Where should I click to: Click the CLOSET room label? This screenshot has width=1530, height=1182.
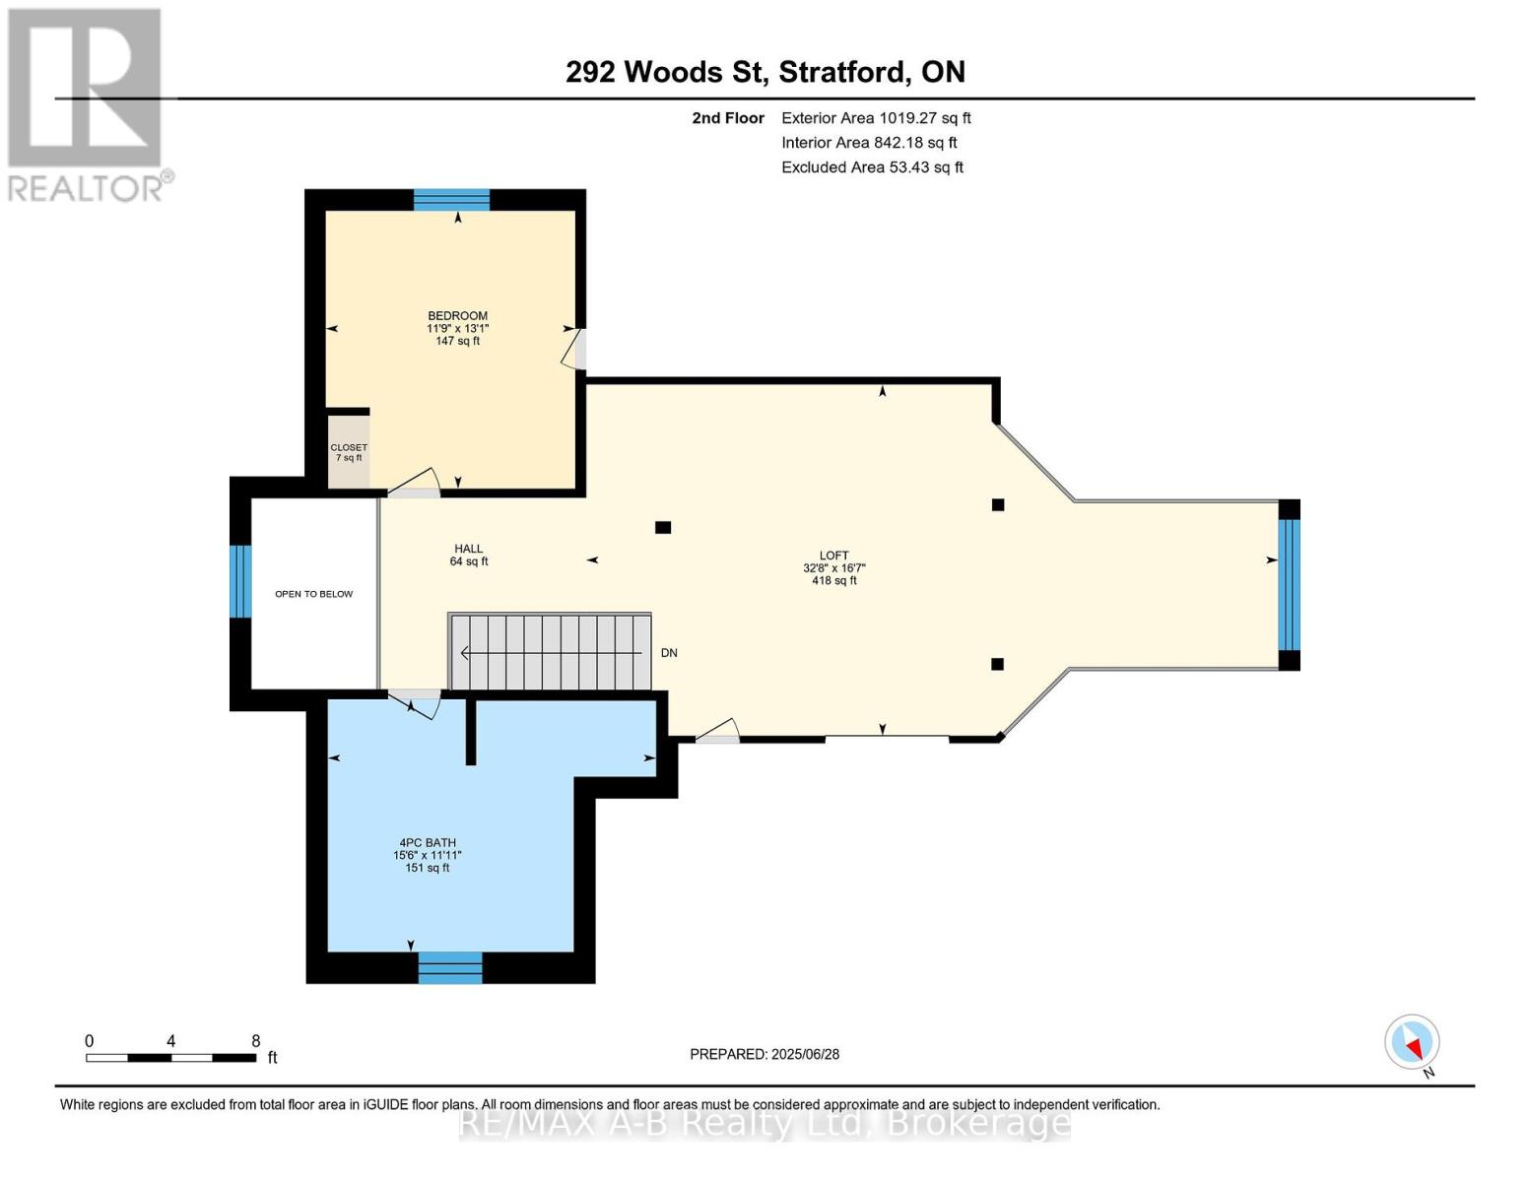pos(349,448)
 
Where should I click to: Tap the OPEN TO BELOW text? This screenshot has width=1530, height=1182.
pos(314,594)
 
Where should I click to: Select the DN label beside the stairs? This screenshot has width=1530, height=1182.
pos(669,653)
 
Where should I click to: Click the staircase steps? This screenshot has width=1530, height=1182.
pos(550,653)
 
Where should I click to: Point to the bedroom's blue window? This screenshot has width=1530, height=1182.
pos(451,200)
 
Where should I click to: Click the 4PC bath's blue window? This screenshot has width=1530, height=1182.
pos(450,967)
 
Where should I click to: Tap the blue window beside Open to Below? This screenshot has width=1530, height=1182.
pos(240,581)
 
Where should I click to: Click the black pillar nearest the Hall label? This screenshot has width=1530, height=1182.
pos(663,527)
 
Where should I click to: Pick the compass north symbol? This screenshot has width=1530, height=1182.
pos(1413,1042)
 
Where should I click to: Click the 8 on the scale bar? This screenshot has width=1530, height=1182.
pos(255,1041)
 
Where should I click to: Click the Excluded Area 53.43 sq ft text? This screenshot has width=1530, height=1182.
pos(872,167)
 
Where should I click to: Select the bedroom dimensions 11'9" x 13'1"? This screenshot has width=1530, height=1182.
pos(458,329)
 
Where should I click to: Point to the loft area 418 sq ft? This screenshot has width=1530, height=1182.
pos(834,581)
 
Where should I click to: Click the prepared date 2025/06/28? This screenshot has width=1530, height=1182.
pos(806,1055)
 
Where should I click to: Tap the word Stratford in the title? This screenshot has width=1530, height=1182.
pos(842,73)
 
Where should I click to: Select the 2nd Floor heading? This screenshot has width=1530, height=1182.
pos(728,118)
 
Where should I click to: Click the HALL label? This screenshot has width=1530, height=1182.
pos(468,549)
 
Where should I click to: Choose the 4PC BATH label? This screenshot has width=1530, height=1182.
pos(428,843)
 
